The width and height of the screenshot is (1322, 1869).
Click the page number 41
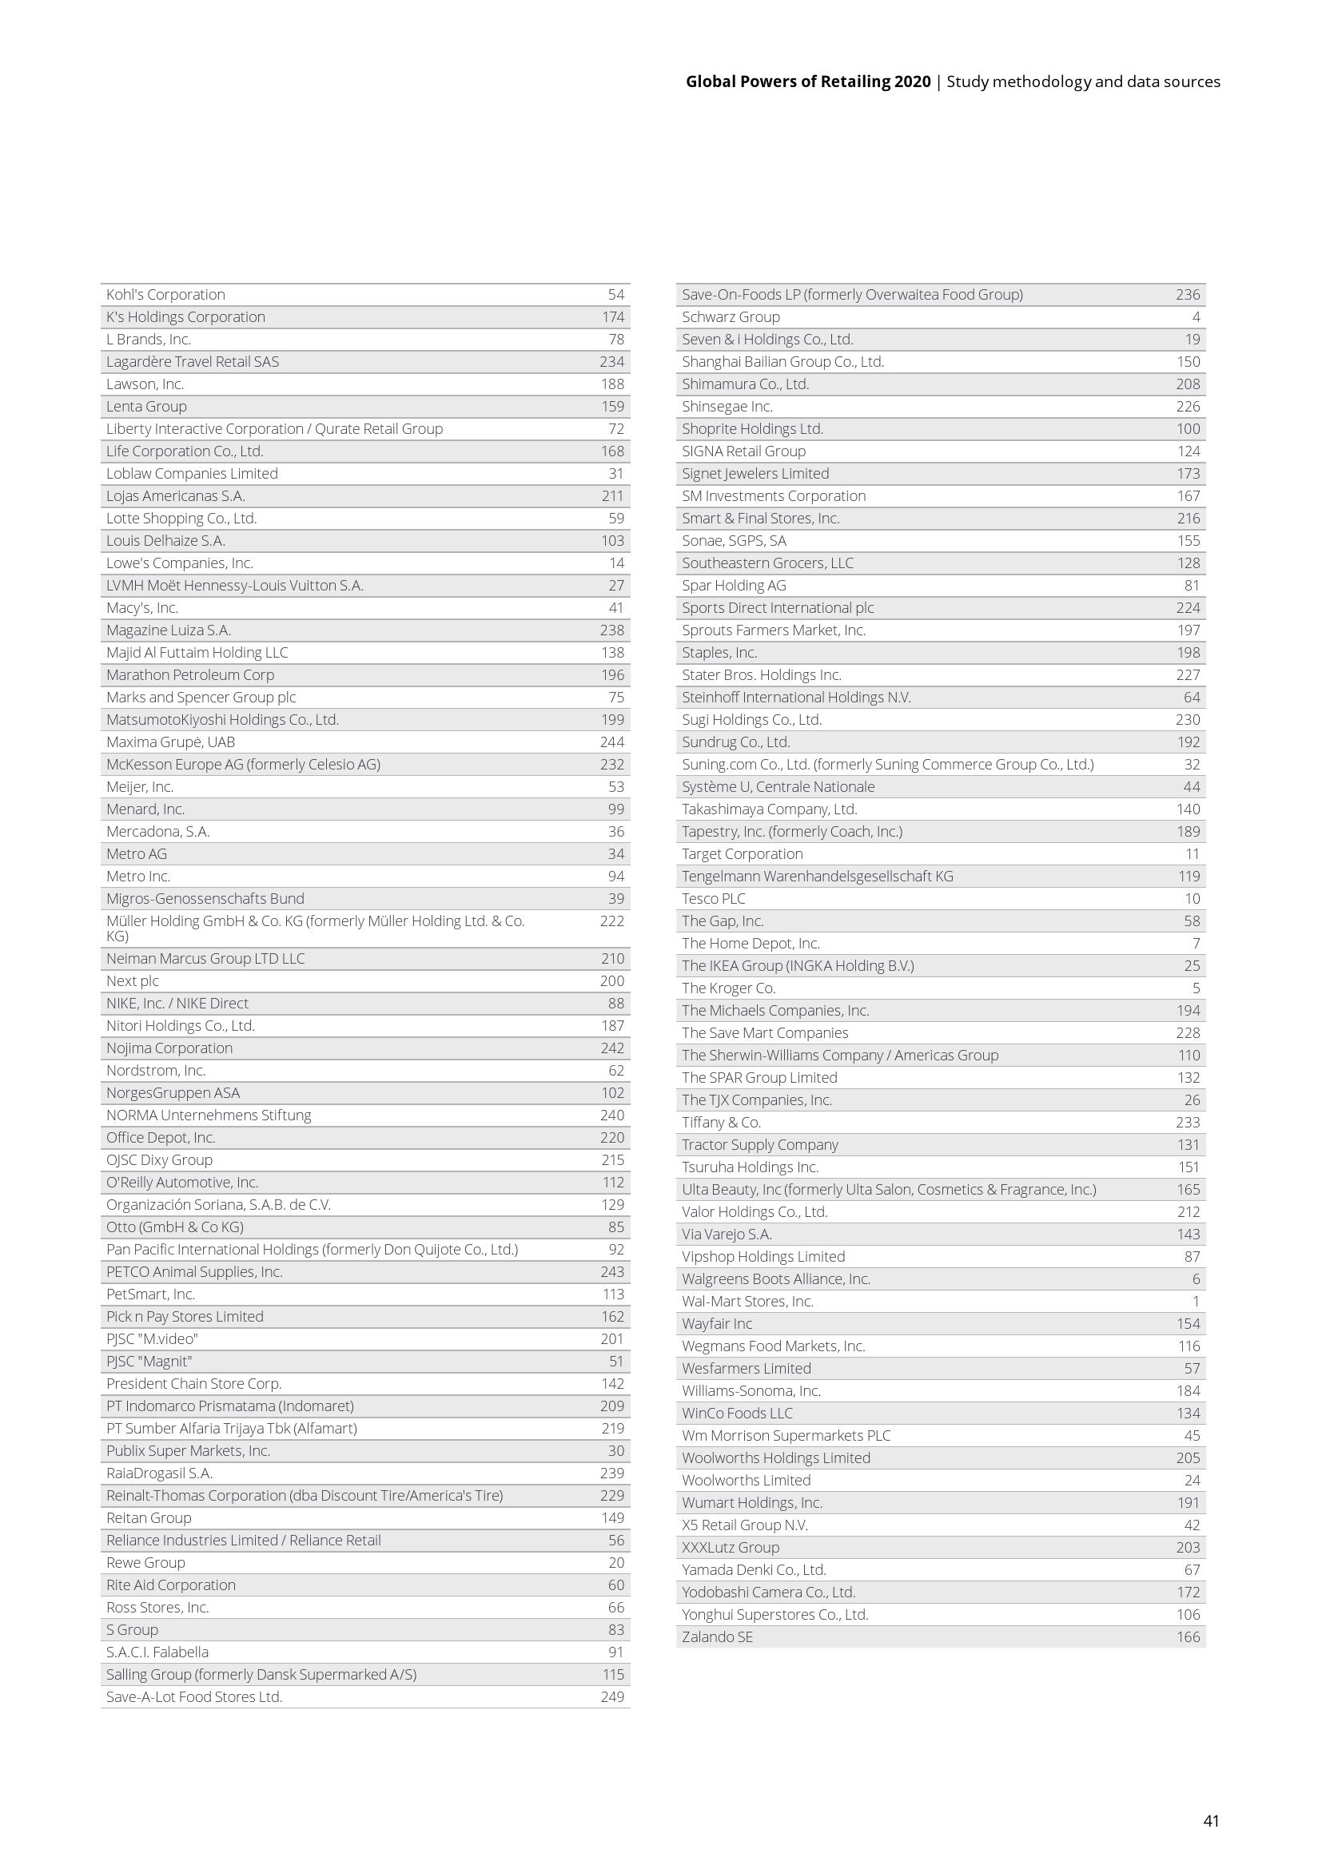coord(1210,1820)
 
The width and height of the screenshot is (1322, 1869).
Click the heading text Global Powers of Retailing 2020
coord(807,82)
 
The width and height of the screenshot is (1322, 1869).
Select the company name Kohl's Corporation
coord(165,295)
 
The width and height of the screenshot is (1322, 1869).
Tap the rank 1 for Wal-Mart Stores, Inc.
coord(1196,1301)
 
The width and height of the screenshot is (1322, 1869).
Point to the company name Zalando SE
coord(717,1636)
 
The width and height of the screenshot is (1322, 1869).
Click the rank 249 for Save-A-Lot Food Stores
coord(612,1696)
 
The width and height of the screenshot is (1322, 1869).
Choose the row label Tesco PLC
coord(713,899)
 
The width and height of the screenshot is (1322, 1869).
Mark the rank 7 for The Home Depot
coord(1196,944)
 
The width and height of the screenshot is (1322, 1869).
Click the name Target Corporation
coord(743,854)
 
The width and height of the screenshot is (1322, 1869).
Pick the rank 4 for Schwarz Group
coord(1196,316)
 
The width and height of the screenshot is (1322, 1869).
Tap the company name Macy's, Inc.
coord(142,608)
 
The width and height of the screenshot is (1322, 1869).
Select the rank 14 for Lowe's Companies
coord(616,563)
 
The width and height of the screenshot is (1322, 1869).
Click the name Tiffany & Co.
coord(721,1123)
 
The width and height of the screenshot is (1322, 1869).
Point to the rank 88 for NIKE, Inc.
coord(616,1004)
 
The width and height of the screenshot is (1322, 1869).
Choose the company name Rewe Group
coord(145,1562)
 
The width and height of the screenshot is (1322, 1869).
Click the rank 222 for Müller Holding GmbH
coord(612,921)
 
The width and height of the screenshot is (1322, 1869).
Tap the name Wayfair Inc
coord(717,1323)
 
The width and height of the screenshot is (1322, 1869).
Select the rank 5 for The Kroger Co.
coord(1196,988)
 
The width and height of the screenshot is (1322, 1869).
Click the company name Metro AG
coord(136,854)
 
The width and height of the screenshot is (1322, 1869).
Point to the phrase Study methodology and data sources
coord(1083,82)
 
